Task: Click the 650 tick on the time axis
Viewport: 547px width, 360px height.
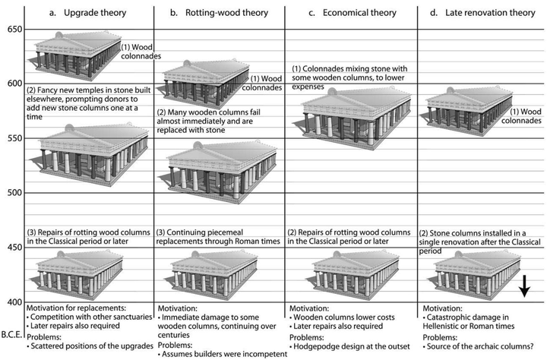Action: pos(11,29)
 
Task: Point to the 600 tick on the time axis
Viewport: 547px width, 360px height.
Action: pos(11,83)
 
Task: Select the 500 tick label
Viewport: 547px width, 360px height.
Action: pos(11,193)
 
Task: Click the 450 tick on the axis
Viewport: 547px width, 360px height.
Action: pos(11,248)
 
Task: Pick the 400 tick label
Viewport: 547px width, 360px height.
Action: pos(11,303)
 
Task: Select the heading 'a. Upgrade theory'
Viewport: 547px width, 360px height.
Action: pos(87,11)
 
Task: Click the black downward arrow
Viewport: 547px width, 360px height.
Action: pos(524,286)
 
